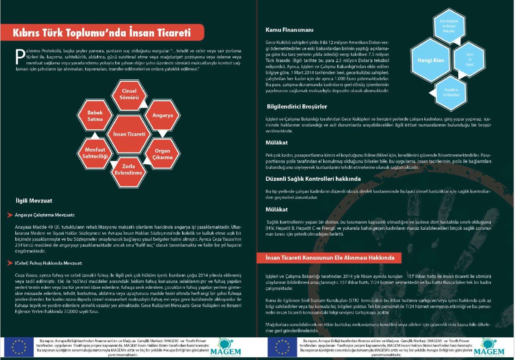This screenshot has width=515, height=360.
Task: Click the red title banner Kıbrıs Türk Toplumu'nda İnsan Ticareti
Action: click(x=102, y=33)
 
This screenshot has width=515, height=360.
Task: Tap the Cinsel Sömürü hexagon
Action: click(x=129, y=94)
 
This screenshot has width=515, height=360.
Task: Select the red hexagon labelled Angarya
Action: click(x=162, y=115)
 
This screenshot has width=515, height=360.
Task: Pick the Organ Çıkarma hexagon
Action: click(x=162, y=154)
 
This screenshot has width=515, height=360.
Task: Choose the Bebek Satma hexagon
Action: click(x=95, y=116)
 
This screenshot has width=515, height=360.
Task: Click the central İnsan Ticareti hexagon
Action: click(x=129, y=134)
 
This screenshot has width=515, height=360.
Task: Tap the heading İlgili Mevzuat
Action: click(x=34, y=200)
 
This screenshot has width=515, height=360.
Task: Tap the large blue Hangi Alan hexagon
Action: click(x=431, y=60)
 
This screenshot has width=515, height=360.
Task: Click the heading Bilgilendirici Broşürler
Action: click(x=297, y=107)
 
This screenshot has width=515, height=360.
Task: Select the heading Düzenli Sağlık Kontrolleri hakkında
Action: click(x=313, y=179)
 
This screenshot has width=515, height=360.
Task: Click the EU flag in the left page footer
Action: click(x=19, y=347)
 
